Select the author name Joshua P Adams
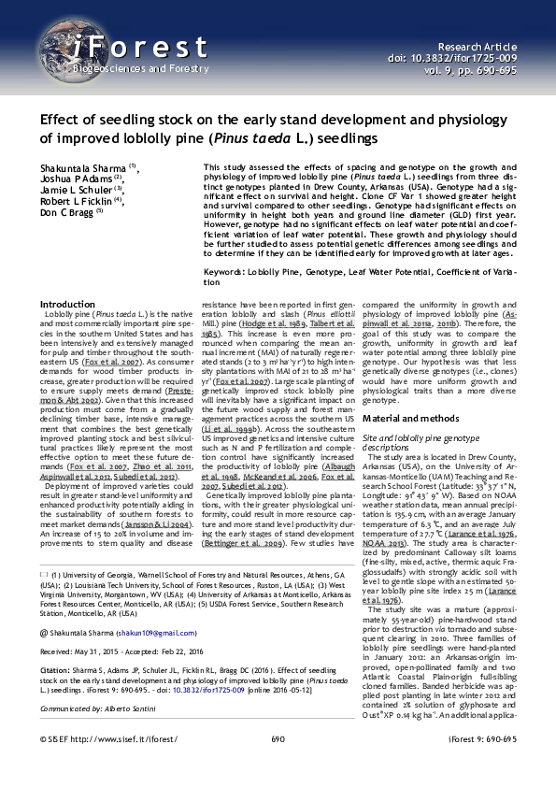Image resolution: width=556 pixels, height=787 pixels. point(78,178)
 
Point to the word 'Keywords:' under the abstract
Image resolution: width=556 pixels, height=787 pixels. point(233,271)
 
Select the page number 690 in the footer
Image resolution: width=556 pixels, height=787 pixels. point(278,738)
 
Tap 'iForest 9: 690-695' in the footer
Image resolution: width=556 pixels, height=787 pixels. point(482,738)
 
